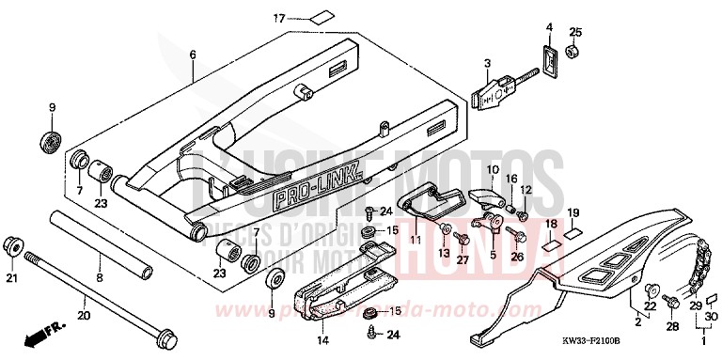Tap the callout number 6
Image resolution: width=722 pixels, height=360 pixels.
click(x=193, y=55)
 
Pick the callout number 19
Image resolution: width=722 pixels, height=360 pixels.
click(x=573, y=212)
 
